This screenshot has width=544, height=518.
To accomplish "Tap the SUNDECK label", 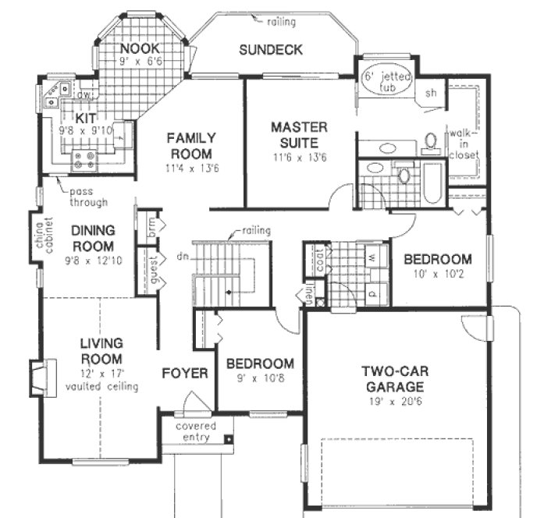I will (271, 50).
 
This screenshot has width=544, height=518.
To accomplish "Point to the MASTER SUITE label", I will (294, 135).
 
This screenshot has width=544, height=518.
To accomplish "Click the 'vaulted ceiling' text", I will (102, 387).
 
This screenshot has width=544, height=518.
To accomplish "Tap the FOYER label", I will (185, 374).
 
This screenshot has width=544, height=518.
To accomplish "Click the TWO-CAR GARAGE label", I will (393, 379).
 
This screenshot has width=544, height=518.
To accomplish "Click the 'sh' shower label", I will (430, 93).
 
